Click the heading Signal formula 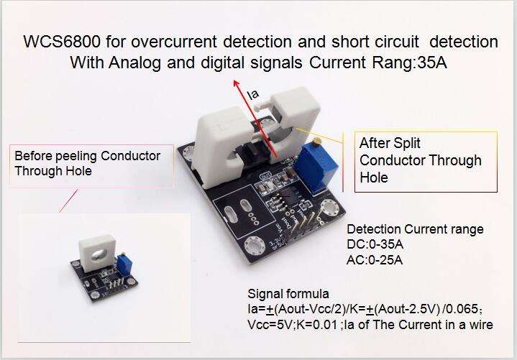[288, 294]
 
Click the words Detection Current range [415, 230]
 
